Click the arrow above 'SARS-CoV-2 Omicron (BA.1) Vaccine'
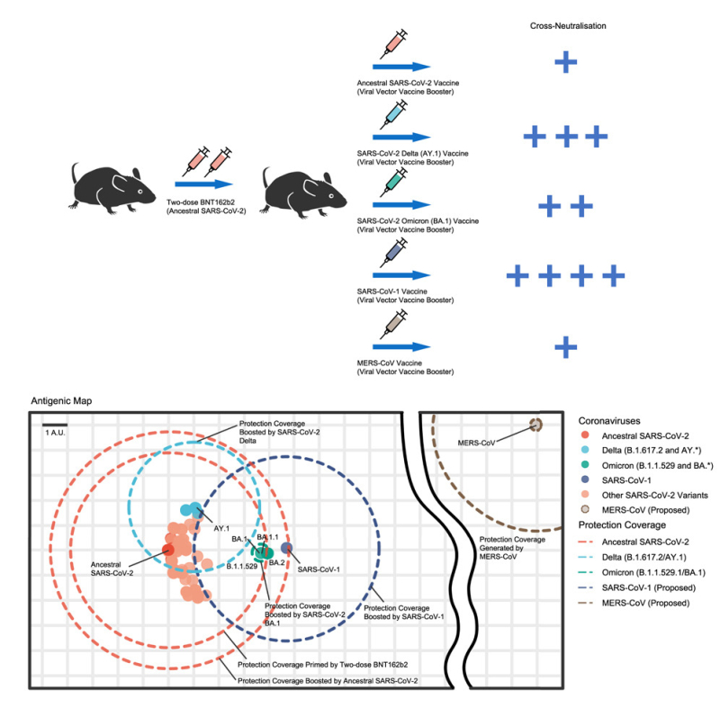[x=397, y=205]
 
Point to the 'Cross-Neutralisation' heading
[x=566, y=25]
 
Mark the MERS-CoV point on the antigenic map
[x=535, y=424]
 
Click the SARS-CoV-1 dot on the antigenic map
[x=286, y=547]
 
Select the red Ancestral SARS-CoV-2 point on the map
[x=167, y=549]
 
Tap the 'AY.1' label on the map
[x=220, y=528]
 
